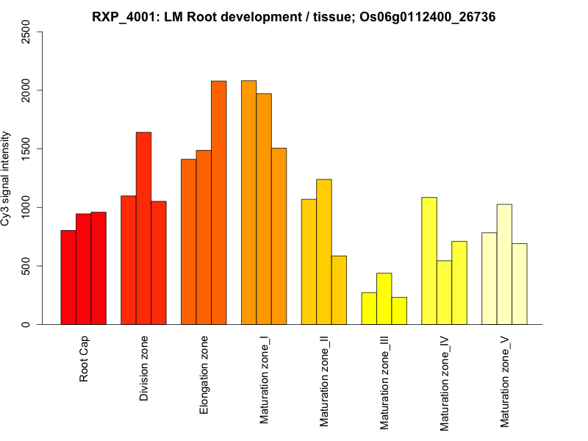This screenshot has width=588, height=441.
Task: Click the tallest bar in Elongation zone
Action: click(x=219, y=202)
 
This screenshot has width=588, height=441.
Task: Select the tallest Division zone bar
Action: click(x=143, y=228)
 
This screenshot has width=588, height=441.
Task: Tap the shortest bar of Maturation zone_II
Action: click(x=339, y=290)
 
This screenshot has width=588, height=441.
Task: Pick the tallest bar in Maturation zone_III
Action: click(x=384, y=298)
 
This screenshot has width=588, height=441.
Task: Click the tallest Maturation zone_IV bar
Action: click(x=429, y=260)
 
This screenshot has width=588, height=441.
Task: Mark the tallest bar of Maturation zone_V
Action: click(x=504, y=264)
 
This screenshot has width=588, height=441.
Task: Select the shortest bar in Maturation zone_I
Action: click(x=279, y=236)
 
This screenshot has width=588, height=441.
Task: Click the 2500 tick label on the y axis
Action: click(x=26, y=32)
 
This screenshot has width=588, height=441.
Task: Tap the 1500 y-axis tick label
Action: click(x=26, y=148)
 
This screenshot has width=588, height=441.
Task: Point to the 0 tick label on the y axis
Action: click(x=26, y=324)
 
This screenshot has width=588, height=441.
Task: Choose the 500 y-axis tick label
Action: click(x=26, y=265)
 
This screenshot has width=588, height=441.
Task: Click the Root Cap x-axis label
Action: click(x=85, y=360)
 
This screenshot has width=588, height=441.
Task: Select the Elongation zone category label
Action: click(x=204, y=375)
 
